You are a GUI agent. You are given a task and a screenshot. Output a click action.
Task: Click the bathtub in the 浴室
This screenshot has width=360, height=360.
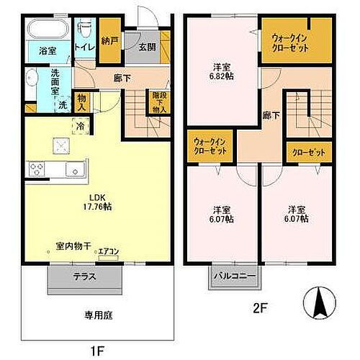(48, 31)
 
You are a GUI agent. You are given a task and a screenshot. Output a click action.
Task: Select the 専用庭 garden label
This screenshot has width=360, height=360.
(95, 315)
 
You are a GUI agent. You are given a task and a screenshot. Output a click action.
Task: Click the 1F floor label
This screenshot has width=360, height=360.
(97, 351)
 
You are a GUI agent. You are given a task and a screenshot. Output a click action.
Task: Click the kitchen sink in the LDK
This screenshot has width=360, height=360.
(74, 170)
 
